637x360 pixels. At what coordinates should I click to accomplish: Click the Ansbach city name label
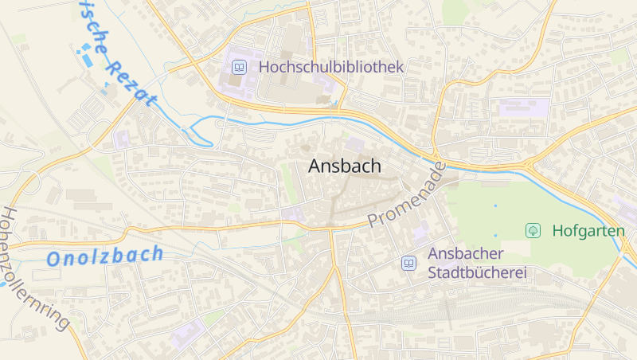pyautogui.click(x=344, y=166)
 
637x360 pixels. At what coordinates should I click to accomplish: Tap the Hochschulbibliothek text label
pyautogui.click(x=331, y=68)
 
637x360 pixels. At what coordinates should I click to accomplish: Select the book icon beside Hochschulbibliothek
pyautogui.click(x=238, y=68)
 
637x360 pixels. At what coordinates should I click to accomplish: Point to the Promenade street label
pyautogui.click(x=406, y=195)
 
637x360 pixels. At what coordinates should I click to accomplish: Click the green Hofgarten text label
pyautogui.click(x=588, y=230)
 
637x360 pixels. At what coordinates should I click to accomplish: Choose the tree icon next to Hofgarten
pyautogui.click(x=533, y=230)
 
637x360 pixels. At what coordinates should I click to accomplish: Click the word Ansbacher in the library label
pyautogui.click(x=467, y=254)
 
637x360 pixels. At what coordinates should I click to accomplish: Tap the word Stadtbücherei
pyautogui.click(x=478, y=273)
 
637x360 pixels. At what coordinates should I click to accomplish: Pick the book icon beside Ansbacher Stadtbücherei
pyautogui.click(x=408, y=263)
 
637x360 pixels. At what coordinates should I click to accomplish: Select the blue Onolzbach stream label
pyautogui.click(x=104, y=256)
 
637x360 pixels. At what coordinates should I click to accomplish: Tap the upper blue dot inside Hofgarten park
pyautogui.click(x=494, y=206)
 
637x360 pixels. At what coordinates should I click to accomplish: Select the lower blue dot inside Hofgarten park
pyautogui.click(x=494, y=235)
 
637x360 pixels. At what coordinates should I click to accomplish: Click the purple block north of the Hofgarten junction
pyautogui.click(x=523, y=108)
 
